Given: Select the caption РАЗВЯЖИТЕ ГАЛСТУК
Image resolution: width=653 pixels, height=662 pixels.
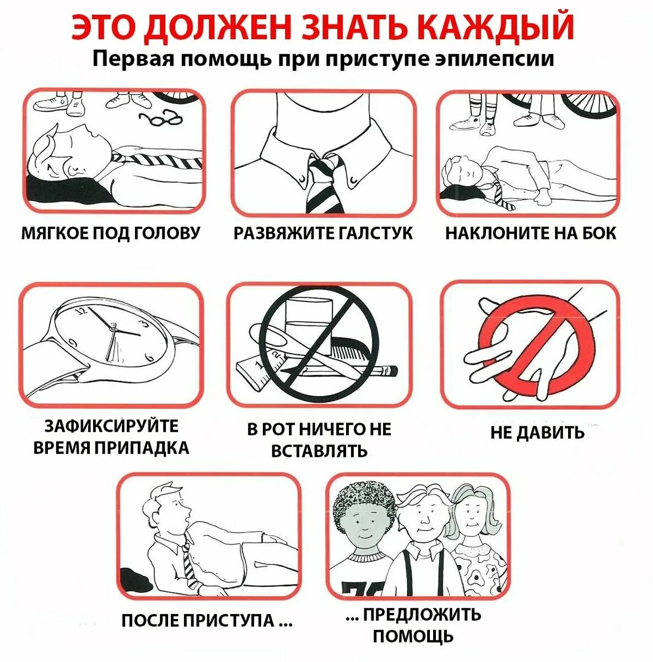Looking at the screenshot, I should pyautogui.click(x=323, y=233).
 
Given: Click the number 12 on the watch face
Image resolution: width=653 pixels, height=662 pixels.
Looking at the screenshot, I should pyautogui.click(x=83, y=311).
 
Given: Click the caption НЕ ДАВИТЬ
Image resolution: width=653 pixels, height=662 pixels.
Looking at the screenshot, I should pyautogui.click(x=537, y=432).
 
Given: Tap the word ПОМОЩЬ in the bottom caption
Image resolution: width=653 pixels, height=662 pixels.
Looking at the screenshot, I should pyautogui.click(x=413, y=636).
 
